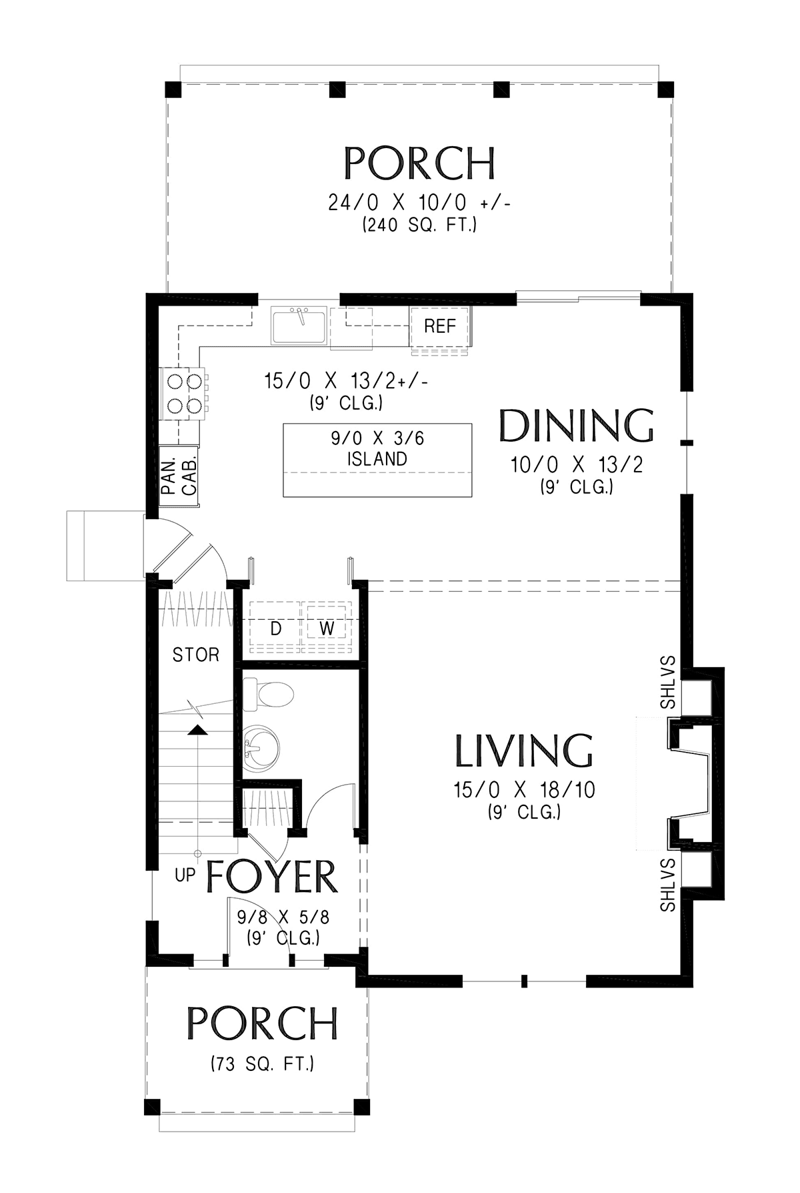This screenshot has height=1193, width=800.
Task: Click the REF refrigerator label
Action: click(440, 326)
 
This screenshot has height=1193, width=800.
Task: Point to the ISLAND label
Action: click(377, 459)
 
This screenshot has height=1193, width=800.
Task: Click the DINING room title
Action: click(577, 426)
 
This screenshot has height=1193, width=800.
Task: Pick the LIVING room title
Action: click(524, 751)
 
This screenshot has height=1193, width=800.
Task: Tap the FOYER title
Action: click(271, 876)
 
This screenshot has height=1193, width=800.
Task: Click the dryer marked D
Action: click(275, 628)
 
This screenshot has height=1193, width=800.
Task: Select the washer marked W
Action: click(326, 628)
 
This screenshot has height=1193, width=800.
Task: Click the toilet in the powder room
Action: click(268, 695)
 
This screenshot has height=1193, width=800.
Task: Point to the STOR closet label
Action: click(195, 655)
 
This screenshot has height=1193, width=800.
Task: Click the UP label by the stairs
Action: click(185, 874)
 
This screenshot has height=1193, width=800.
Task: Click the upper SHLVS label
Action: click(668, 683)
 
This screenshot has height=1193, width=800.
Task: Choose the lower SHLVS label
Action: click(668, 885)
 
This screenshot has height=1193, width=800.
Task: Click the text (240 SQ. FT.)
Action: click(419, 226)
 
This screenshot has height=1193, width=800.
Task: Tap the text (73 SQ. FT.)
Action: click(262, 1063)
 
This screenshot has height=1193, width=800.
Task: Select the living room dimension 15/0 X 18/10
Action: click(524, 791)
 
